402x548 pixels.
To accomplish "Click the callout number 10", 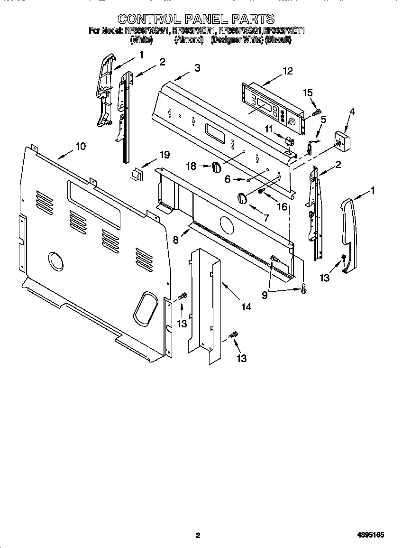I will pyautogui.click(x=81, y=146).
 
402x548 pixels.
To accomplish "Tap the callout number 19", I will pyautogui.click(x=164, y=155).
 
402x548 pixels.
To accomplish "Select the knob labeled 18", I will pyautogui.click(x=216, y=167).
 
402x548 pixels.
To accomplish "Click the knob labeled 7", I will pyautogui.click(x=242, y=198).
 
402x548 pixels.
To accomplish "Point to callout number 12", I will pyautogui.click(x=287, y=71).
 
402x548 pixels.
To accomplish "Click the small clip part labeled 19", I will pyautogui.click(x=137, y=175).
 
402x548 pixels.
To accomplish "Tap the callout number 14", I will pyautogui.click(x=246, y=307).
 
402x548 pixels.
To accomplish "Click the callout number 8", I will pyautogui.click(x=176, y=240).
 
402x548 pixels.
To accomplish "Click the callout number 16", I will pyautogui.click(x=282, y=206).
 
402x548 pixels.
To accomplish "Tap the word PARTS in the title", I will pyautogui.click(x=252, y=19).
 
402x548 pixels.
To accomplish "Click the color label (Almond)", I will pyautogui.click(x=189, y=40).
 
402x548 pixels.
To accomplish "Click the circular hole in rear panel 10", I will pyautogui.click(x=56, y=261).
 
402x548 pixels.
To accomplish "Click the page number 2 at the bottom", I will pyautogui.click(x=198, y=536).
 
